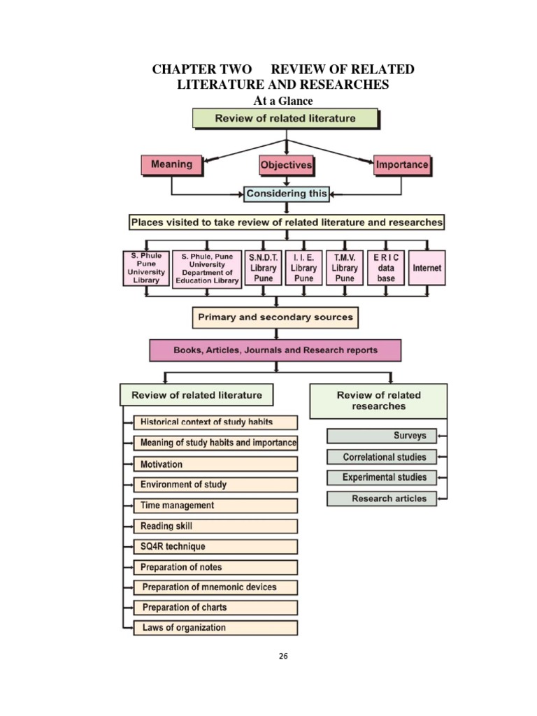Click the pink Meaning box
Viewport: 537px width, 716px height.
click(x=171, y=165)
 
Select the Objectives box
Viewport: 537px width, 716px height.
click(x=286, y=166)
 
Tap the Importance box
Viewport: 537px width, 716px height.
click(x=401, y=166)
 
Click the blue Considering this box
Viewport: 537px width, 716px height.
click(x=286, y=194)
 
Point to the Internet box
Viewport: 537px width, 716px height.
click(x=427, y=268)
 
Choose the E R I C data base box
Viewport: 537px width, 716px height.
click(x=385, y=268)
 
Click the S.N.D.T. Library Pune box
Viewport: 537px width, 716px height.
click(x=263, y=268)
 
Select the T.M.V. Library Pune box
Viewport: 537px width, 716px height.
click(x=344, y=268)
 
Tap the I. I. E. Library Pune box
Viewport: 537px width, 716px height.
click(x=303, y=268)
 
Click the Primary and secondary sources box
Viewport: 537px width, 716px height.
click(x=275, y=317)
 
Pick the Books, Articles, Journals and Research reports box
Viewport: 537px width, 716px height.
click(x=275, y=350)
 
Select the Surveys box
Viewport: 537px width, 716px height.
click(x=381, y=436)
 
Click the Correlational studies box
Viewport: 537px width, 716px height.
click(x=381, y=457)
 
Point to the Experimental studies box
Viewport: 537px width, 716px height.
click(x=381, y=478)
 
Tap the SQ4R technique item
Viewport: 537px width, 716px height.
click(x=215, y=546)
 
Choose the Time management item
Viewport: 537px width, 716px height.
click(x=215, y=505)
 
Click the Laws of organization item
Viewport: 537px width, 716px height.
click(x=215, y=627)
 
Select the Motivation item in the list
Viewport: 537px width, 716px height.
click(x=215, y=464)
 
